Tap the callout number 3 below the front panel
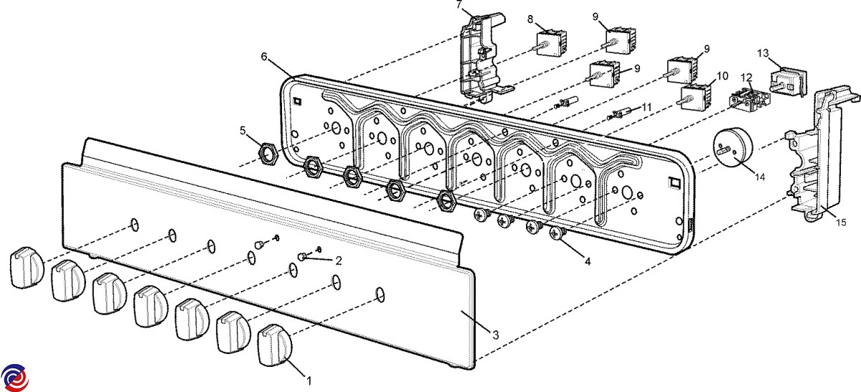pyautogui.click(x=495, y=333)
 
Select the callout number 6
pyautogui.click(x=265, y=56)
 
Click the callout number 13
pyautogui.click(x=763, y=54)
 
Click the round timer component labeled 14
pyautogui.click(x=733, y=147)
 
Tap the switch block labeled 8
pyautogui.click(x=552, y=42)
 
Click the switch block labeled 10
pyautogui.click(x=695, y=95)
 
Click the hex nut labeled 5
pyautogui.click(x=267, y=152)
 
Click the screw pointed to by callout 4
pyautogui.click(x=557, y=233)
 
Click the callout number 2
pyautogui.click(x=339, y=259)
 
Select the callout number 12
pyautogui.click(x=746, y=77)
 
